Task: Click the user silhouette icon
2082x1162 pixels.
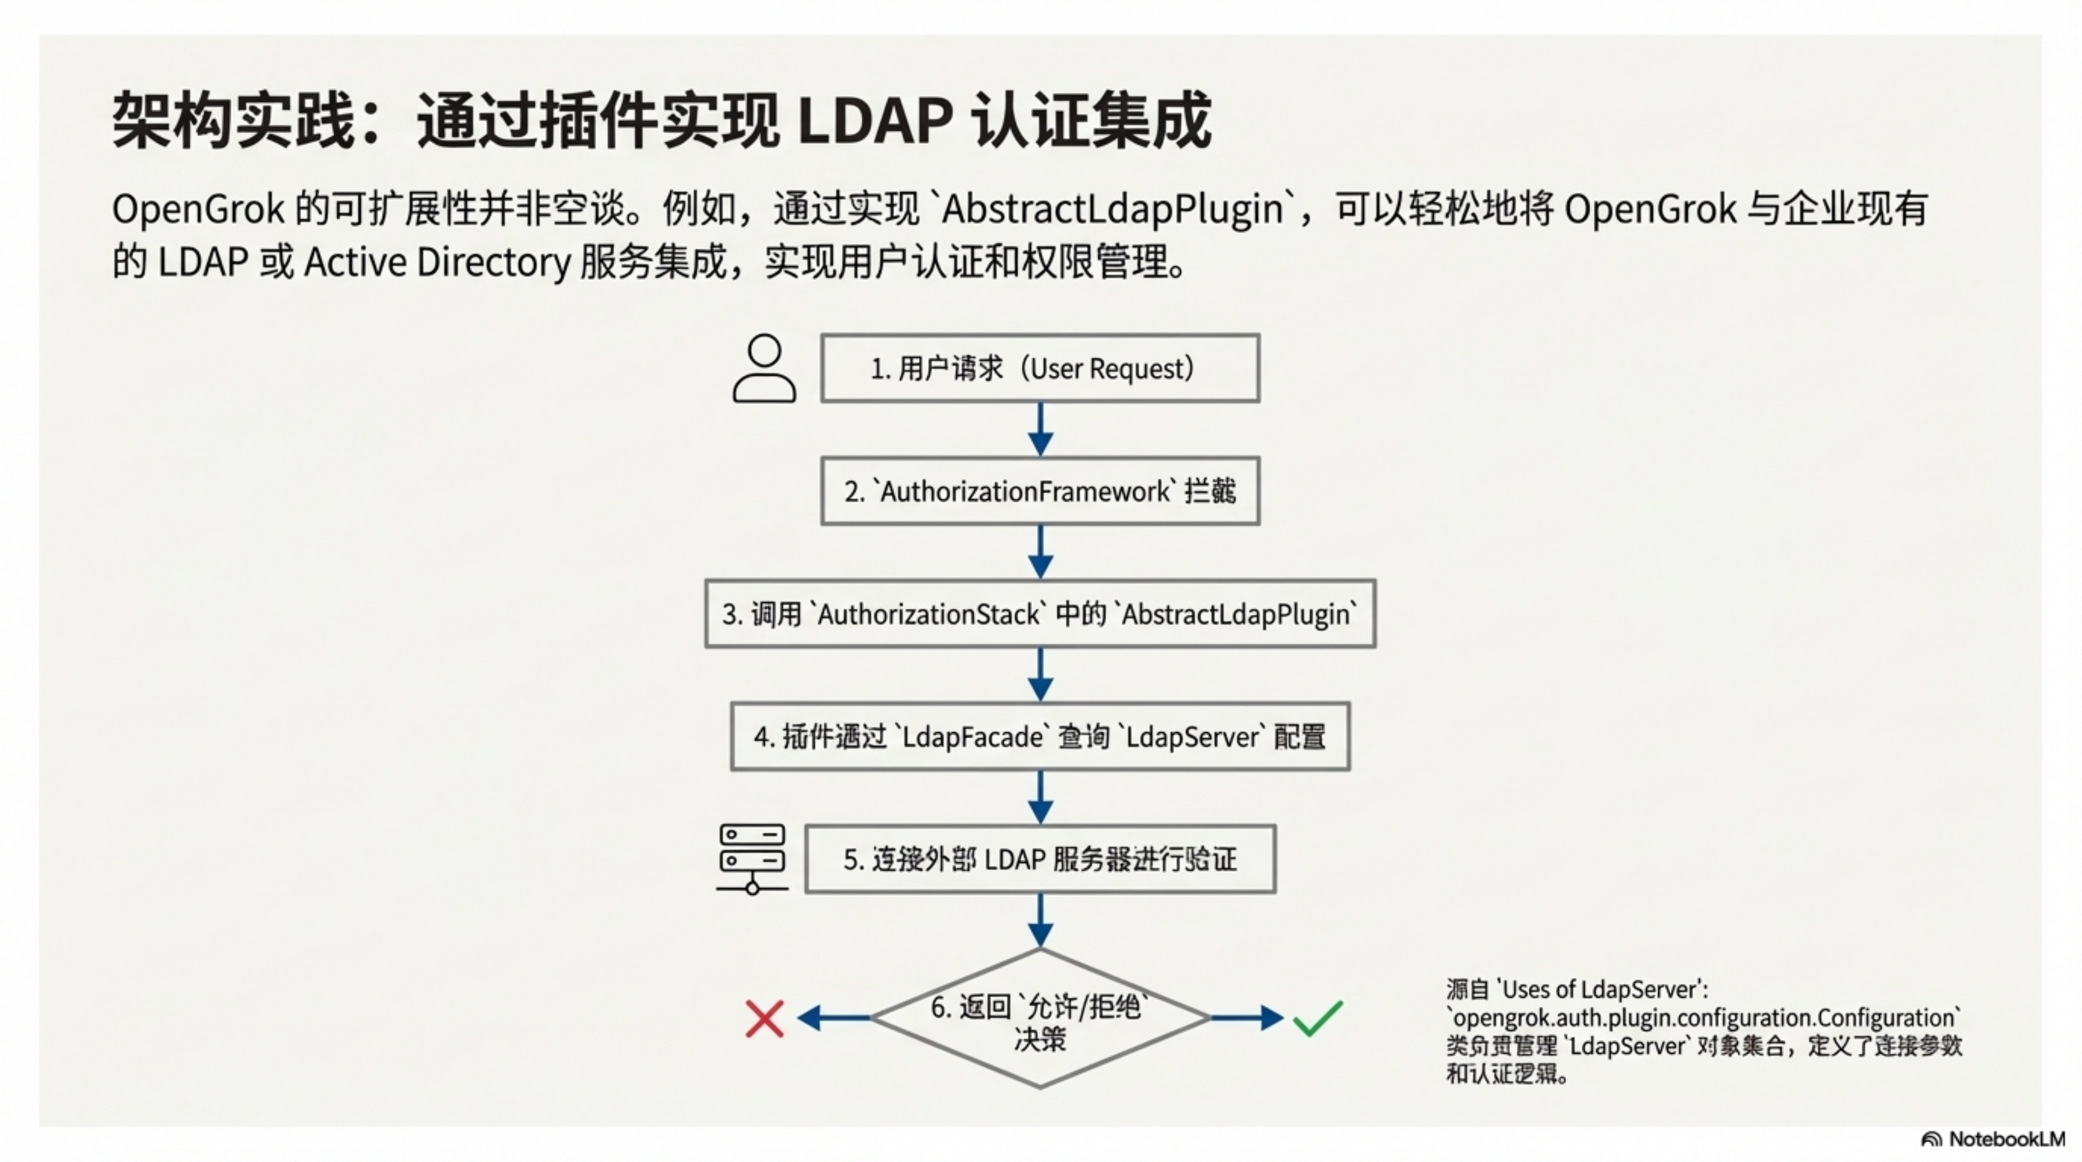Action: pos(764,369)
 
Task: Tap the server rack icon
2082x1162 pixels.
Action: pos(752,859)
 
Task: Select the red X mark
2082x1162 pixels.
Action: pos(764,1018)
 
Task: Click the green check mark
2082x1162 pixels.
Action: pos(1317,1018)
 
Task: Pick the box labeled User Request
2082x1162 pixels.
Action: pos(1040,369)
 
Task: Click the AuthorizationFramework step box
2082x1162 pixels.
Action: pos(1040,491)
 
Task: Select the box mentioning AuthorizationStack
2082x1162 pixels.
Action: pos(1040,614)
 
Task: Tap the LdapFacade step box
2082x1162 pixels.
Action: pos(1040,737)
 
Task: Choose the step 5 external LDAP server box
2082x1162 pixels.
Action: pos(1040,859)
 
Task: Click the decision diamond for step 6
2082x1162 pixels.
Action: pos(1040,1018)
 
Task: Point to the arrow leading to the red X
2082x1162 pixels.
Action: pos(833,1018)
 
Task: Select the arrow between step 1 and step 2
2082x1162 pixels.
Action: pos(1040,430)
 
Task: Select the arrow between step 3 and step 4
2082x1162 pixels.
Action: pos(1040,675)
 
